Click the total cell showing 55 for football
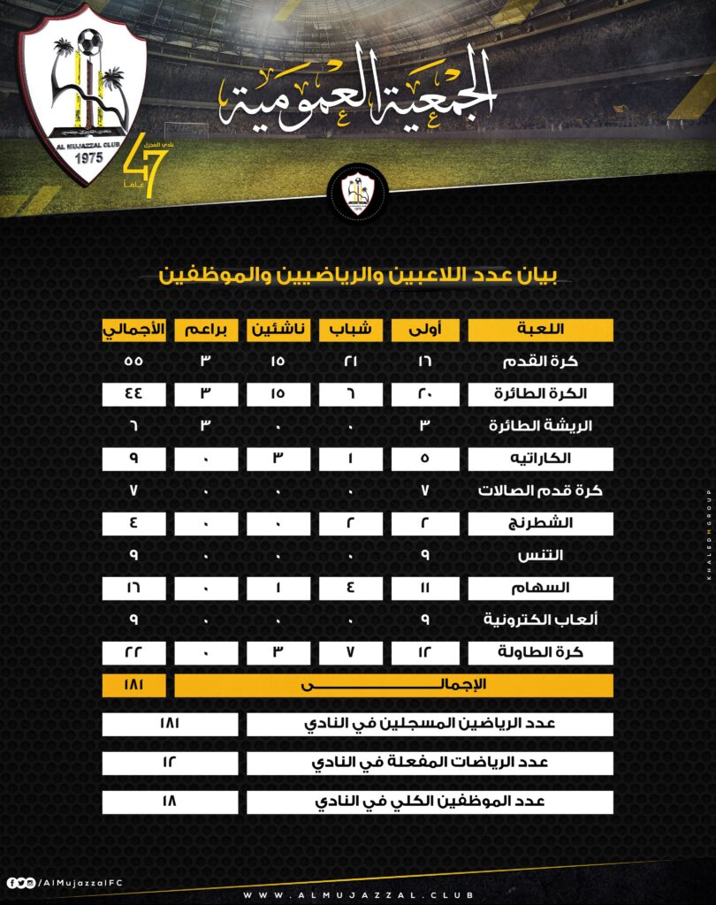(x=133, y=361)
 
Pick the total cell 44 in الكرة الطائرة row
(x=133, y=394)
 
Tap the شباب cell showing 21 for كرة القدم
(x=350, y=361)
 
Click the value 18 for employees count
(x=170, y=802)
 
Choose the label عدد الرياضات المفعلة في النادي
(x=430, y=763)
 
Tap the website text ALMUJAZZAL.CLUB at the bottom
(x=357, y=894)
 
